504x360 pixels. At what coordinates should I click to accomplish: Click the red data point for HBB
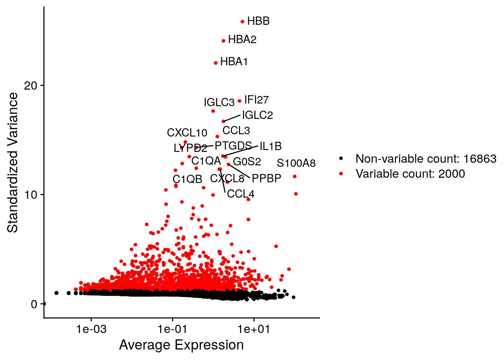point(242,22)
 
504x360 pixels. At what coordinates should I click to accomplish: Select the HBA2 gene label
point(242,39)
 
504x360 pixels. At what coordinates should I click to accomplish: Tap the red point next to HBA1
point(216,63)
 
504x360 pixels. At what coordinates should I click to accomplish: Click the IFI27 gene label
point(256,100)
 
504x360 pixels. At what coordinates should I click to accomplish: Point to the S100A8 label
point(296,163)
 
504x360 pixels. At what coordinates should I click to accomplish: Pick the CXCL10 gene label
point(187,133)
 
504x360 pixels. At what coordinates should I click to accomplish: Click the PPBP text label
point(266,178)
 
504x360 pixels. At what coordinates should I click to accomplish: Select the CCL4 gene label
point(240,194)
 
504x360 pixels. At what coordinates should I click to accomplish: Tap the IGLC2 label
point(257,115)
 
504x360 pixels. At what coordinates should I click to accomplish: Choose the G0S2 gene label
point(247,162)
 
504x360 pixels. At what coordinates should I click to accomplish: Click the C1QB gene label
point(187,179)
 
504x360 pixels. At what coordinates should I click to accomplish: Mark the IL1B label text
point(270,146)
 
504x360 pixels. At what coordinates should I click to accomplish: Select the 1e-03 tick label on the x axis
point(91,329)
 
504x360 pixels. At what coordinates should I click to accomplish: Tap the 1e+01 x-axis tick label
point(254,329)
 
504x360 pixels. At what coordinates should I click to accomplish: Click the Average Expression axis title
point(181,345)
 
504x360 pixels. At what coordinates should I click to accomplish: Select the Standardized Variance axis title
point(13,163)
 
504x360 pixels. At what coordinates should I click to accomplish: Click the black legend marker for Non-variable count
point(341,159)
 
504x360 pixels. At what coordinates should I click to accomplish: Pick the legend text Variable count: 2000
point(410,174)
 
